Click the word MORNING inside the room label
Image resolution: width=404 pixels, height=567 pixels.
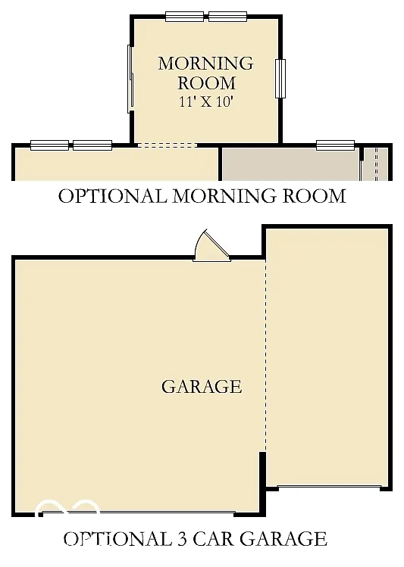click(205, 63)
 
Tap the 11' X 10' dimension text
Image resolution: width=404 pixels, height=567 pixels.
click(205, 101)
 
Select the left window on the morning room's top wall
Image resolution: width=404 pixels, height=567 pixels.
click(184, 16)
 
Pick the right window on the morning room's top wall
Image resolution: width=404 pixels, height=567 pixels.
click(227, 16)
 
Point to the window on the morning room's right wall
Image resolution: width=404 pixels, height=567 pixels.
click(280, 78)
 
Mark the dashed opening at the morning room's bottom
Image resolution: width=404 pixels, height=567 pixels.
click(166, 145)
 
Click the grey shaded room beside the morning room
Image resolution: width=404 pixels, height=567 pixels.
click(288, 164)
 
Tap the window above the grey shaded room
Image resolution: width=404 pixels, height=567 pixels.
click(335, 145)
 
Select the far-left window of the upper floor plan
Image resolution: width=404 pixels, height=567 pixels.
click(49, 145)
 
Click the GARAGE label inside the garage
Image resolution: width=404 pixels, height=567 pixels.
click(202, 387)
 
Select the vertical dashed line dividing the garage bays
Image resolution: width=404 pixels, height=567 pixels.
click(265, 356)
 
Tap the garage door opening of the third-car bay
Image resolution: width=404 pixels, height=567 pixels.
click(328, 486)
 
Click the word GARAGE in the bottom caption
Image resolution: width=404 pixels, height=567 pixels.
click(287, 539)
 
